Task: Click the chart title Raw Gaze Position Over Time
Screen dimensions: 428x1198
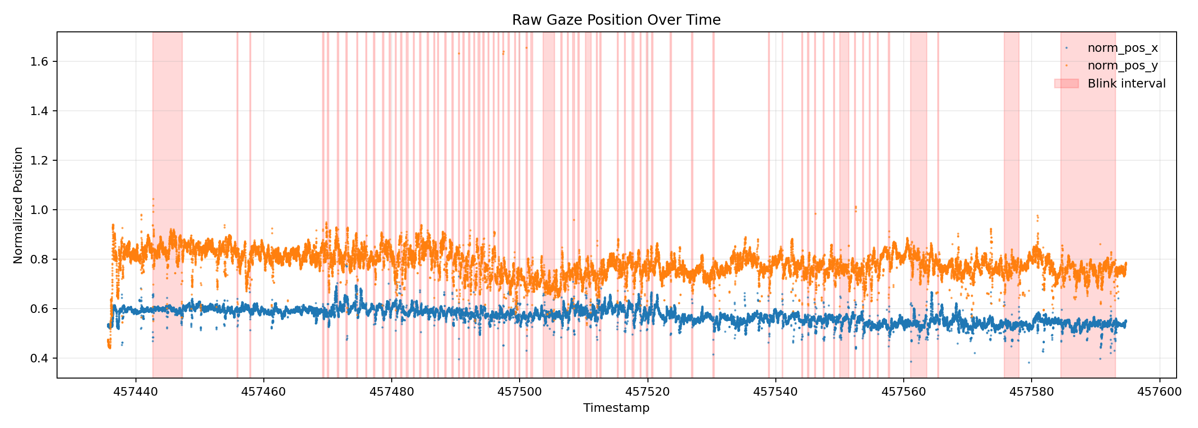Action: click(x=616, y=20)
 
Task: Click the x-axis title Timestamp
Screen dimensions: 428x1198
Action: click(x=616, y=408)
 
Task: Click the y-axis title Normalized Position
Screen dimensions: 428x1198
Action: click(x=18, y=205)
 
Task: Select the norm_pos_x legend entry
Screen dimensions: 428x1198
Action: click(x=1122, y=48)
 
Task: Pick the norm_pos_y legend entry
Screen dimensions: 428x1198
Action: click(x=1122, y=66)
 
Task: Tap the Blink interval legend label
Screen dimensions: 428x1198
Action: click(x=1126, y=84)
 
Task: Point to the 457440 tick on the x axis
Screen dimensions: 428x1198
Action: click(x=136, y=392)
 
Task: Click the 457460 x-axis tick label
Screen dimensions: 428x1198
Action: click(x=264, y=392)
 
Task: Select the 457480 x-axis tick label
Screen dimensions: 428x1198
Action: click(x=392, y=392)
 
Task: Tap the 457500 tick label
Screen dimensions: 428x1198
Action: click(x=520, y=392)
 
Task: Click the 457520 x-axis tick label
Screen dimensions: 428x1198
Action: click(x=647, y=392)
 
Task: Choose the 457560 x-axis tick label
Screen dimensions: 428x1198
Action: click(x=904, y=392)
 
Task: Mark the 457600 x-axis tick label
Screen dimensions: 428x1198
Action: click(x=1159, y=392)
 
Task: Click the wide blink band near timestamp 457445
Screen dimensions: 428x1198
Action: click(x=167, y=143)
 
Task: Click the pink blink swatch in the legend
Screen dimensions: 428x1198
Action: click(x=1066, y=84)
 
